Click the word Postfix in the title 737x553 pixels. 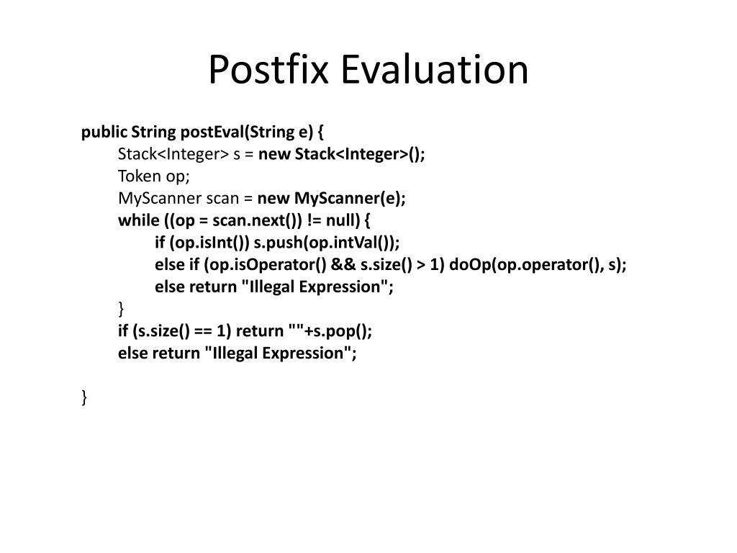268,70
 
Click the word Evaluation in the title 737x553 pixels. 434,70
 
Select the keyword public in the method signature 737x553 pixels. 104,132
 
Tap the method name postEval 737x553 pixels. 212,132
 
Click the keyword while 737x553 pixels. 139,220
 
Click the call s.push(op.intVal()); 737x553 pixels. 327,243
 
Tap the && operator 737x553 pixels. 343,264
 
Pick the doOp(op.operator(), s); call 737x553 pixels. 538,265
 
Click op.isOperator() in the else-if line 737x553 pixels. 265,265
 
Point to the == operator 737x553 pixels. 203,331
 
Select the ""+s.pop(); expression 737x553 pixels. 330,331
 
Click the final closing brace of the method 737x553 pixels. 84,397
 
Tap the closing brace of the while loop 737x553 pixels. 121,309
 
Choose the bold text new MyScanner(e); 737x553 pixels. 331,199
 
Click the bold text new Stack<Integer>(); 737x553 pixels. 342,154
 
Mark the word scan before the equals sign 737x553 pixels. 223,199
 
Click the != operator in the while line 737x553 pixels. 314,220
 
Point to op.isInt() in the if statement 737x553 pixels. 209,243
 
